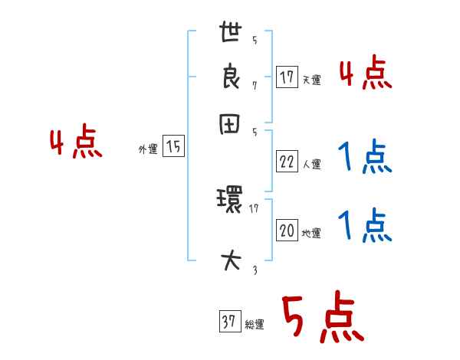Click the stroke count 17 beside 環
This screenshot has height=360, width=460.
point(254,207)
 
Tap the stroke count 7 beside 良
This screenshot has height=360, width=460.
point(254,85)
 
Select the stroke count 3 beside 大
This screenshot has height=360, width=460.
point(254,270)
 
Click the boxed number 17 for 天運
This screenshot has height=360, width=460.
point(287,77)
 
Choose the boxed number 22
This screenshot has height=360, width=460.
point(287,161)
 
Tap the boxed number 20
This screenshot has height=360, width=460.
point(287,231)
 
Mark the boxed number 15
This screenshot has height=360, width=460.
point(174,147)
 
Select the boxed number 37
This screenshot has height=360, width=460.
point(228,322)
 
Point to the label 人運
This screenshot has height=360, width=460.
point(311,164)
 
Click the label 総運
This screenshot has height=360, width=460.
point(254,326)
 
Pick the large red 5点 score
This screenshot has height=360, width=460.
point(321,318)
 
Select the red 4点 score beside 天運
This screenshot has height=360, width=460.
point(365,74)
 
